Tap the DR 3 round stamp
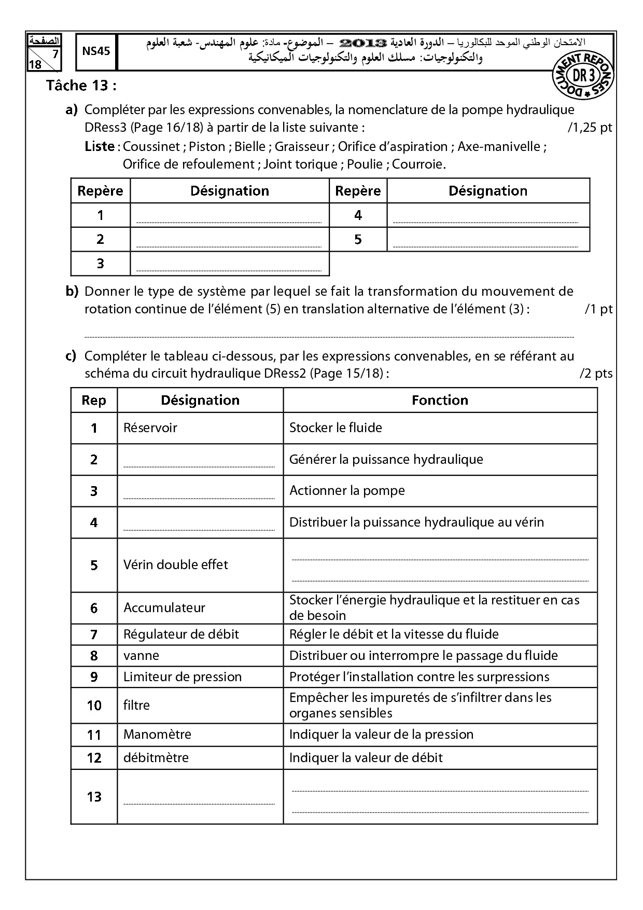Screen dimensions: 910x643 pyautogui.click(x=583, y=75)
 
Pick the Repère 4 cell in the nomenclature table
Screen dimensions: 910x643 pyautogui.click(x=358, y=215)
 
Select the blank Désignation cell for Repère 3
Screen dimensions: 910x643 pyautogui.click(x=229, y=264)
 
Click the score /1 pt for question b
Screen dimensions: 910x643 pyautogui.click(x=598, y=309)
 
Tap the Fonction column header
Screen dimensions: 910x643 pyautogui.click(x=440, y=400)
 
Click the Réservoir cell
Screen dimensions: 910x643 pyautogui.click(x=150, y=428)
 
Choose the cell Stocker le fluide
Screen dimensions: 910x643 pyautogui.click(x=336, y=428)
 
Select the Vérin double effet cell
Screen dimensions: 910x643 pyautogui.click(x=176, y=564)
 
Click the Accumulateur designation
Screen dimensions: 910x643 pyautogui.click(x=164, y=608)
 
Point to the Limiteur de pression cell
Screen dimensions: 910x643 pyautogui.click(x=183, y=677)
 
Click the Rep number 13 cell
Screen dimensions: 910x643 pyautogui.click(x=94, y=796)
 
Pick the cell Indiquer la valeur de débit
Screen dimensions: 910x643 pyautogui.click(x=366, y=757)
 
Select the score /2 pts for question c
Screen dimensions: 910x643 pyautogui.click(x=596, y=374)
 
